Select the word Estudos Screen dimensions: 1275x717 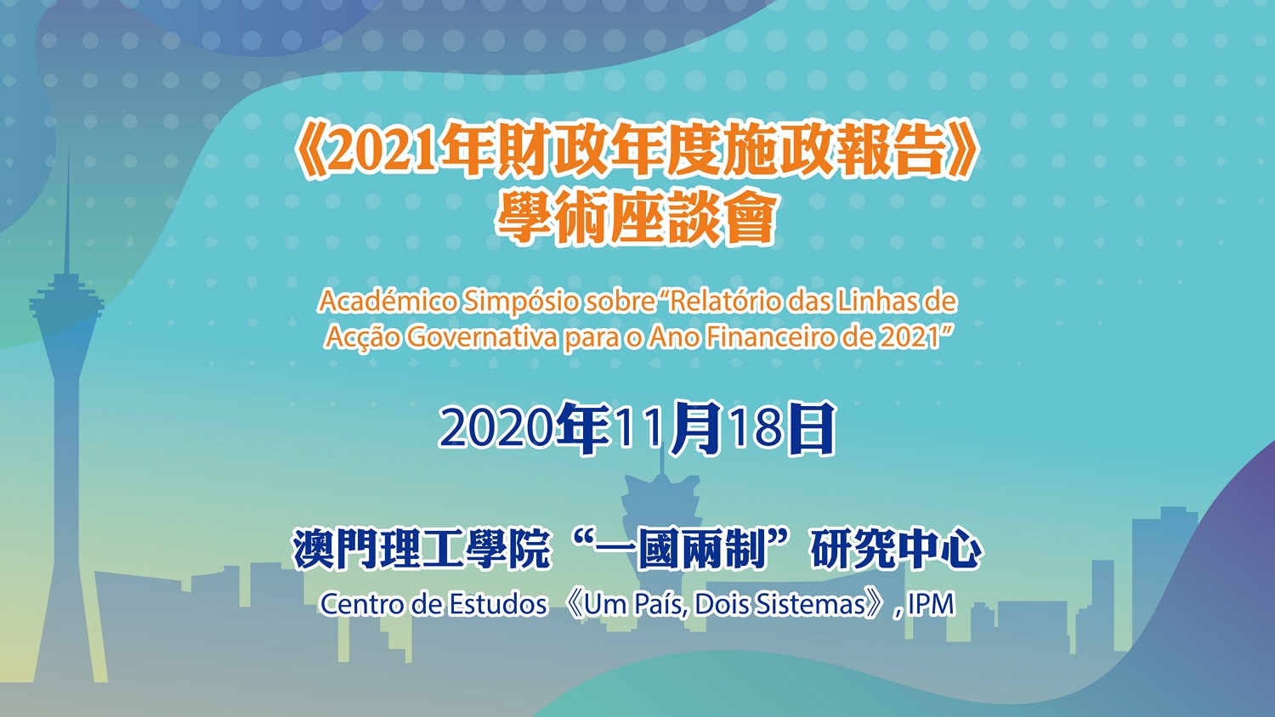pyautogui.click(x=497, y=604)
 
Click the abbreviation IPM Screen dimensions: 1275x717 pyautogui.click(x=932, y=604)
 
